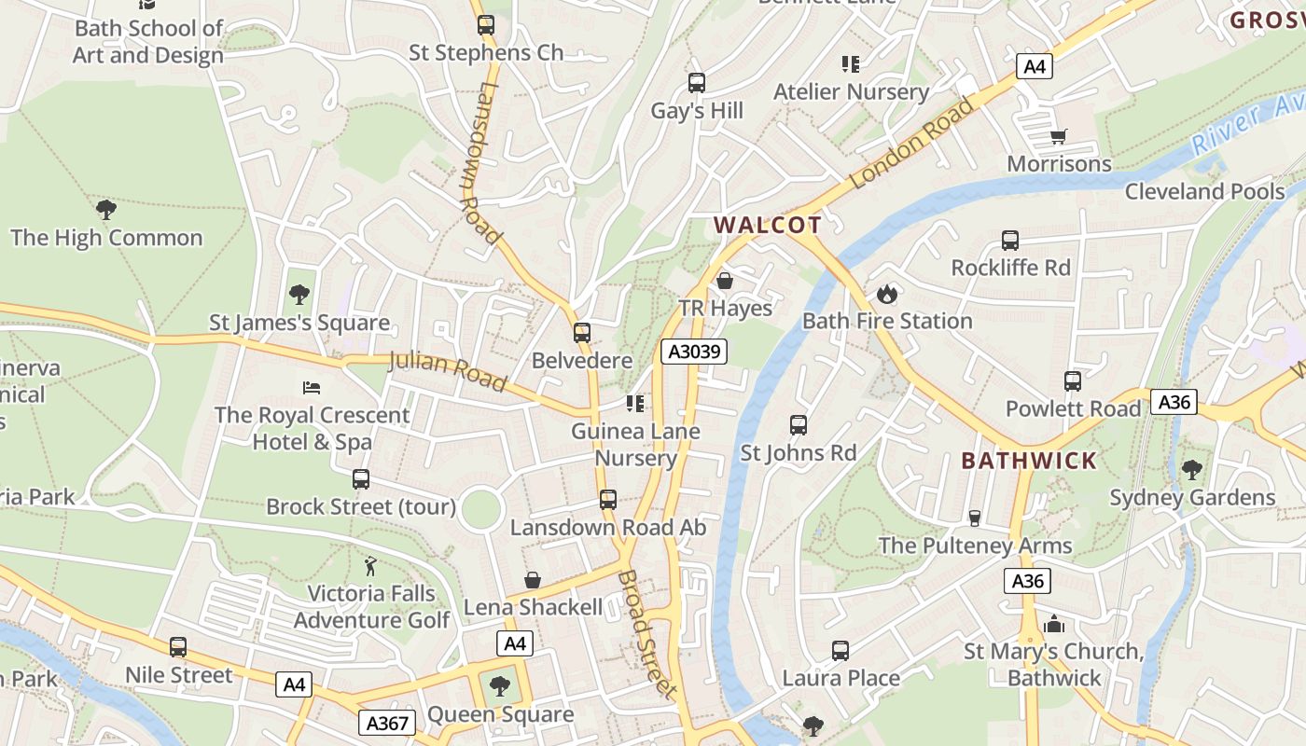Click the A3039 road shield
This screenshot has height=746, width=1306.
[693, 352]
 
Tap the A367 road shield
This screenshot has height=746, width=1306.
[386, 723]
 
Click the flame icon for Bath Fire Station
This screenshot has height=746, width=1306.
[886, 294]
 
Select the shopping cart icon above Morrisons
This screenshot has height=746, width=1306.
[1058, 137]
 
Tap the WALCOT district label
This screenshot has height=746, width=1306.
[768, 225]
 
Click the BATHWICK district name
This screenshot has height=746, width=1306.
[1029, 461]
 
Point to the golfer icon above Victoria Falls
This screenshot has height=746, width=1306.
[371, 566]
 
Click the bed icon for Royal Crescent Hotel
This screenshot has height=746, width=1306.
[312, 387]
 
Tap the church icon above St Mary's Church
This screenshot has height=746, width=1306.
[1054, 624]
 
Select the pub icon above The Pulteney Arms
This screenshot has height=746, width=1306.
[975, 518]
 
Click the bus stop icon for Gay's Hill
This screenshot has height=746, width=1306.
[696, 83]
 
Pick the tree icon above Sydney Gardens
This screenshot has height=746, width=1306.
[1191, 469]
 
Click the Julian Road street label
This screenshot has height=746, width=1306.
[448, 370]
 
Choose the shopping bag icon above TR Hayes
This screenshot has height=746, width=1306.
[725, 281]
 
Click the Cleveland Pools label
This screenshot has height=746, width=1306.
[1204, 191]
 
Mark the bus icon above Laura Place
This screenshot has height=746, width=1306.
[841, 650]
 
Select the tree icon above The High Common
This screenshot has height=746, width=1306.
[106, 209]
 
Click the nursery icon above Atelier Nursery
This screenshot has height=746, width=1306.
[850, 64]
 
